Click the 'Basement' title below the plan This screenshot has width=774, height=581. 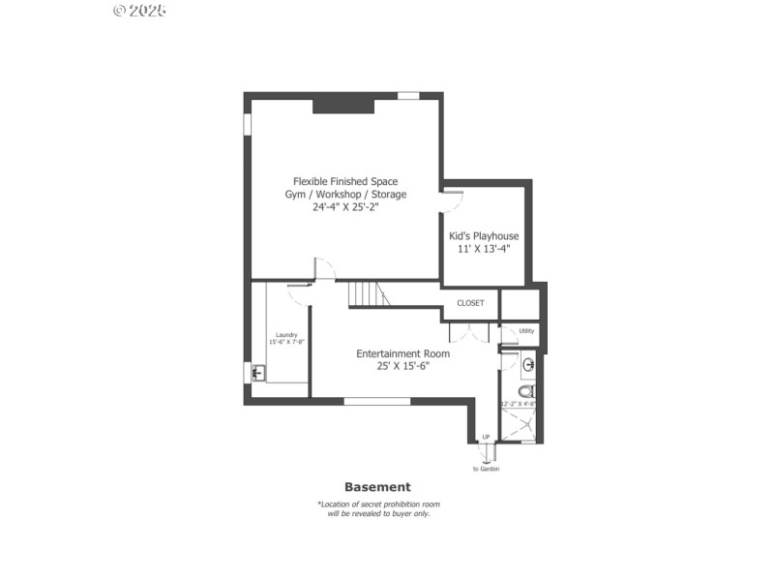coord(377,487)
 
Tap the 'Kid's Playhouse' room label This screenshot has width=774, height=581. coord(484,235)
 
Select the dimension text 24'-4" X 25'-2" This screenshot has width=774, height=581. coord(345,206)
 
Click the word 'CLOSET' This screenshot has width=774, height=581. coord(470,303)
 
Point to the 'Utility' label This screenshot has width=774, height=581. coord(526,330)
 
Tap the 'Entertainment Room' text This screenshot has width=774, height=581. coord(402,353)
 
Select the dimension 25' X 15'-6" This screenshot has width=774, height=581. coord(402,366)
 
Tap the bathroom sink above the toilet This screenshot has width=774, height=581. coord(528,365)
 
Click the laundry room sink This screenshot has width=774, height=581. coord(258,373)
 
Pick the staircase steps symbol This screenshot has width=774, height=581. coord(368,293)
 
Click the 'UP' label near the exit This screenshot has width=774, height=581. coord(486,438)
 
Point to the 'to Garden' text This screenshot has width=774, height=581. coord(486,469)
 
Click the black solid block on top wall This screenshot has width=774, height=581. coord(342,106)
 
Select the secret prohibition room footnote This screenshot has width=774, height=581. coord(378,508)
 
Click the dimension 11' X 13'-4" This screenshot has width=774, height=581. coord(484,249)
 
